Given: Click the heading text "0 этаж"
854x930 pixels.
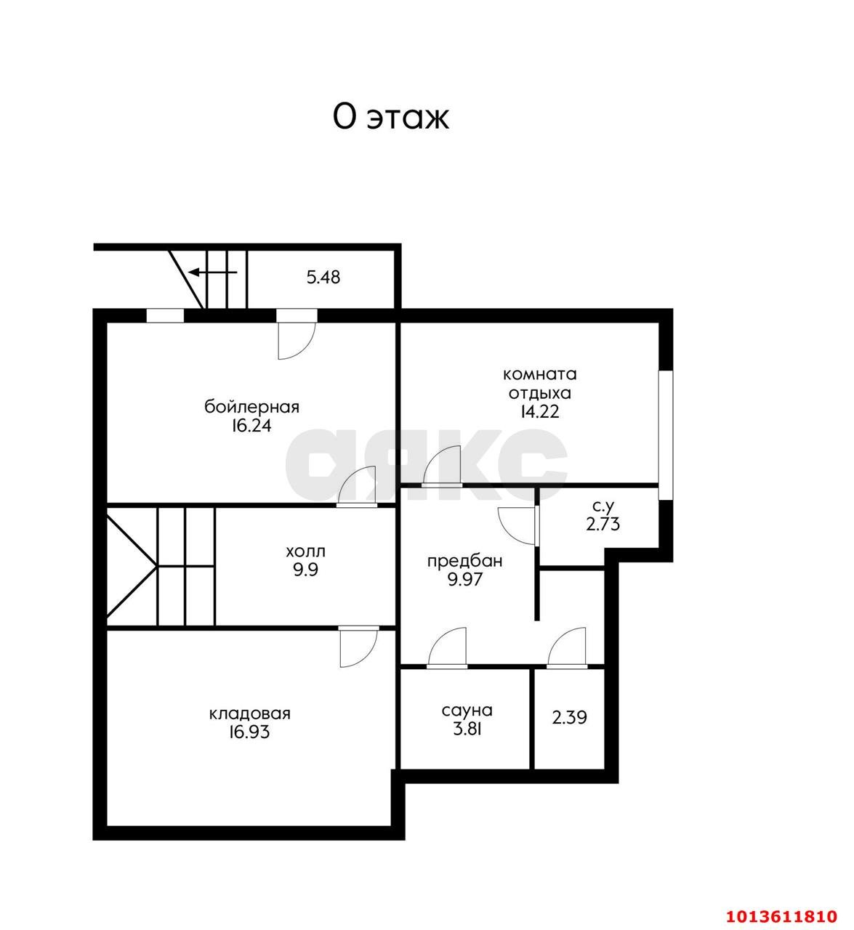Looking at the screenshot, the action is tap(390, 118).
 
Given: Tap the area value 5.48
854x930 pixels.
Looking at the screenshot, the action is tap(323, 278).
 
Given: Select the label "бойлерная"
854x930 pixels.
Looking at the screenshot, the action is tap(251, 407).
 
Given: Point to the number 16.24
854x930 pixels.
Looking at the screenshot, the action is tap(251, 426).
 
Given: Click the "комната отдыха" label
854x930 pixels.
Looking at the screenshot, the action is tap(540, 384).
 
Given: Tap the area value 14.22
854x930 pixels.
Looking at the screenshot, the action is tap(540, 412).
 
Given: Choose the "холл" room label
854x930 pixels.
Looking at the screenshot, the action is tap(306, 551).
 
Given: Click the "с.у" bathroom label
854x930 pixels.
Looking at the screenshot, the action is tap(603, 506).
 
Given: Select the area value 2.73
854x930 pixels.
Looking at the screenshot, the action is tap(603, 525).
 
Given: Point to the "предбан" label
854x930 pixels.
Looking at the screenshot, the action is tap(465, 562).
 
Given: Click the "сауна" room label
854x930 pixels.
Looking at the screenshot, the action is tap(467, 711).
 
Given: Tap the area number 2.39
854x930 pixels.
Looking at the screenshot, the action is tap(569, 718).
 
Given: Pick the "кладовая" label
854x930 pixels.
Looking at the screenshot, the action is tap(249, 713).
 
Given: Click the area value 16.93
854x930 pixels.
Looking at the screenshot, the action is tap(249, 732).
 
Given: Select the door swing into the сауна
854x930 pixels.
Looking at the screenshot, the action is tap(447, 648).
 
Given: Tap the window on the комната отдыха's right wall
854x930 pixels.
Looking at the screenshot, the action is tap(666, 435).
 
